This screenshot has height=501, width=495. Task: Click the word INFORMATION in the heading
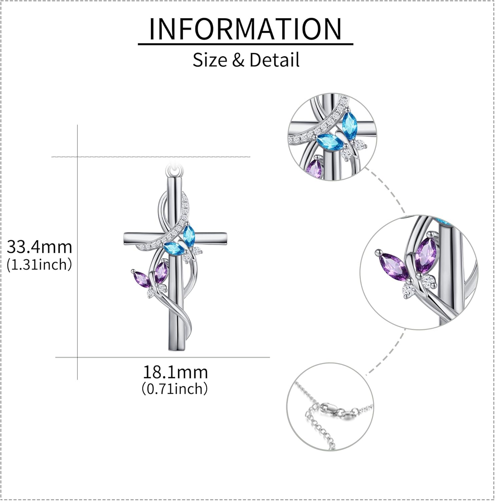point(245,29)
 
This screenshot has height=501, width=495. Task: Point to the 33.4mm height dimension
point(39,247)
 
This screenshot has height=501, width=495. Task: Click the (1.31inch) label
point(39,265)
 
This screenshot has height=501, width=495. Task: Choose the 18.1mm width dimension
point(175,372)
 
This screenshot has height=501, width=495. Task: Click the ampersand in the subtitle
point(236,60)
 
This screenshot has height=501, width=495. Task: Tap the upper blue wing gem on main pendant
point(189,234)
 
